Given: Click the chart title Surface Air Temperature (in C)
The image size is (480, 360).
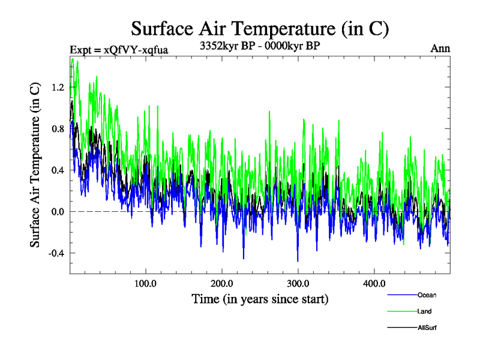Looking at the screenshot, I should point(260,28).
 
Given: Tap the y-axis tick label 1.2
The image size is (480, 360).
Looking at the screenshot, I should point(57,87).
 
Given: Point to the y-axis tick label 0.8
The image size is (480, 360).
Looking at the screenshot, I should point(57,128).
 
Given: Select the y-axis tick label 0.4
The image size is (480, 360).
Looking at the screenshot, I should point(57,170).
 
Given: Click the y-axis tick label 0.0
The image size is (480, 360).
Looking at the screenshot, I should point(57,211).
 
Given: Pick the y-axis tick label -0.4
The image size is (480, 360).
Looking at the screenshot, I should point(56,253).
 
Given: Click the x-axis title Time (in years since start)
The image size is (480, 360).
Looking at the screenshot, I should point(260,298).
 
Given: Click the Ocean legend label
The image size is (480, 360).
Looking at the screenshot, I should point(427,295).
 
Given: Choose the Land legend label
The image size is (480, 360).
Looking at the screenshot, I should point(424,311).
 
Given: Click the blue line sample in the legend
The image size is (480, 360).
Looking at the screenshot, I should point(402,295).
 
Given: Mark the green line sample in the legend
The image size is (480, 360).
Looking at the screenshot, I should point(402,311).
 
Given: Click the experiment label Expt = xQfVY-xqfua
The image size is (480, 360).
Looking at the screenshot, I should point(119,49).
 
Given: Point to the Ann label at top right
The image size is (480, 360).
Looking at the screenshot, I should point(440,48).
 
